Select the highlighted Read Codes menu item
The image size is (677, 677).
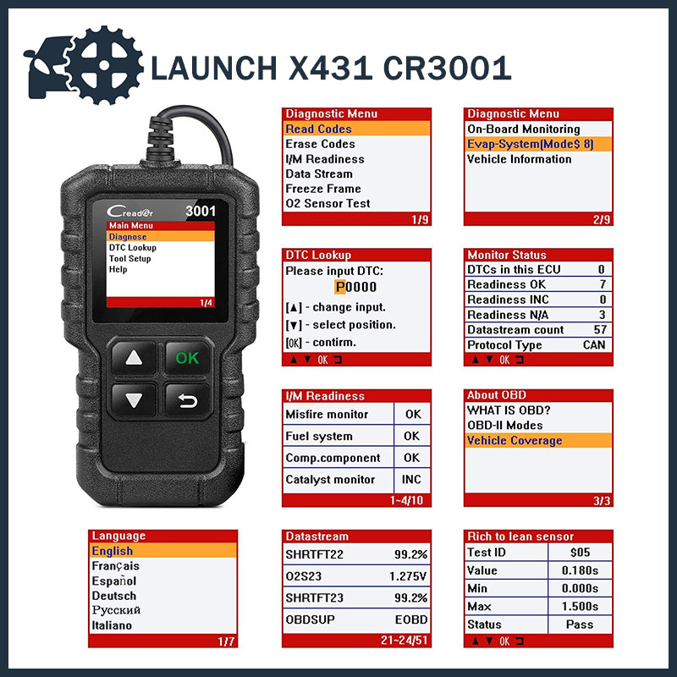(318, 129)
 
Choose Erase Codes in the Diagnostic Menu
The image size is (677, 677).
(320, 144)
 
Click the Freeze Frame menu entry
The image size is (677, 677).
(322, 189)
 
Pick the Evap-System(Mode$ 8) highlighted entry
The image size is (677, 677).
(530, 144)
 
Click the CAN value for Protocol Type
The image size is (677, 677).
(594, 344)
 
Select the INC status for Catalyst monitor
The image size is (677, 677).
(412, 479)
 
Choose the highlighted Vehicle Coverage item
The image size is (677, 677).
(514, 440)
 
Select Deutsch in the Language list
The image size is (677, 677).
(113, 595)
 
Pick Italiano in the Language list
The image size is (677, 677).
(112, 625)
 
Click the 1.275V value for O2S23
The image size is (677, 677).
(408, 575)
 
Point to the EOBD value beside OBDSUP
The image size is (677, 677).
(410, 619)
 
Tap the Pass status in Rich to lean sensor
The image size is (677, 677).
(580, 625)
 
